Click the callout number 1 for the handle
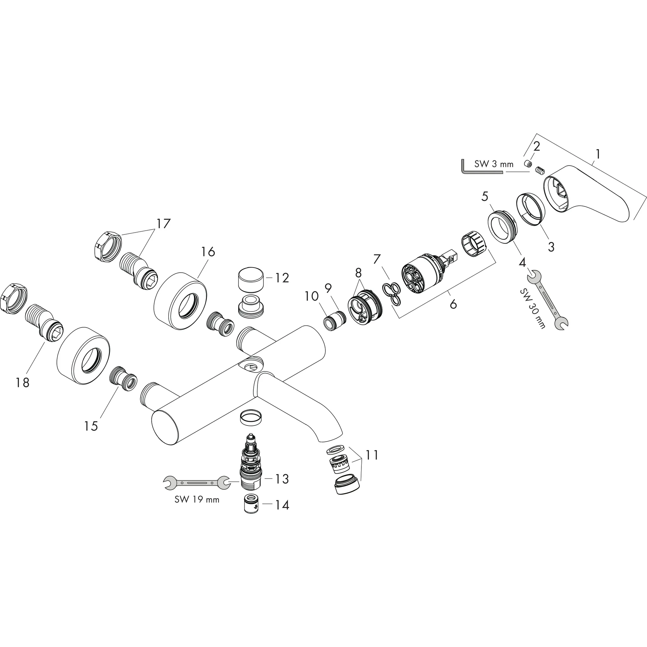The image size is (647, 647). click(598, 154)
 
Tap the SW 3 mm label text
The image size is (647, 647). click(494, 164)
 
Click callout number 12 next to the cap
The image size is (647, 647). click(282, 278)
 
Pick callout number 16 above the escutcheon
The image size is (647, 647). click(208, 251)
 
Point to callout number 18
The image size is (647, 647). click(22, 383)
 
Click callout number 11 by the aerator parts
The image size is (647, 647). click(372, 455)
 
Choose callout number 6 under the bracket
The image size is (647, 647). click(453, 304)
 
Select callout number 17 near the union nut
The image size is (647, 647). click(163, 223)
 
